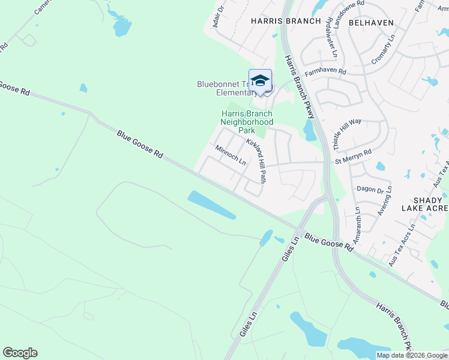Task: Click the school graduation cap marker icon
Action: tap(260, 81)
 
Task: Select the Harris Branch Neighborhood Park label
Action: tap(247, 122)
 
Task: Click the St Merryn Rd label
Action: tap(354, 160)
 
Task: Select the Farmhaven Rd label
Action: tap(325, 72)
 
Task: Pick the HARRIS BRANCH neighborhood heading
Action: tap(277, 21)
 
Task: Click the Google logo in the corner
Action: tap(20, 352)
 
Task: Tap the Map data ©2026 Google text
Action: tap(411, 355)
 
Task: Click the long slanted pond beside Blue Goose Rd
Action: tap(211, 205)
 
